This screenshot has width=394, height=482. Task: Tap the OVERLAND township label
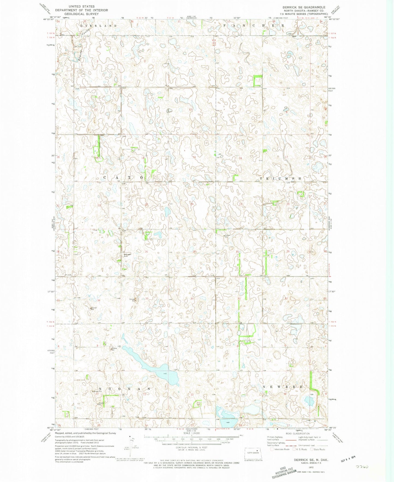(x=98, y=26)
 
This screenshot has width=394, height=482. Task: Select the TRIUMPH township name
(x=281, y=179)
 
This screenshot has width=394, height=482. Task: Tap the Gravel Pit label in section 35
(x=133, y=300)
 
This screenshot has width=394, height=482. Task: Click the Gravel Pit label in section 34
(x=94, y=309)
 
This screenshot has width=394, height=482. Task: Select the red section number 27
(x=100, y=253)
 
